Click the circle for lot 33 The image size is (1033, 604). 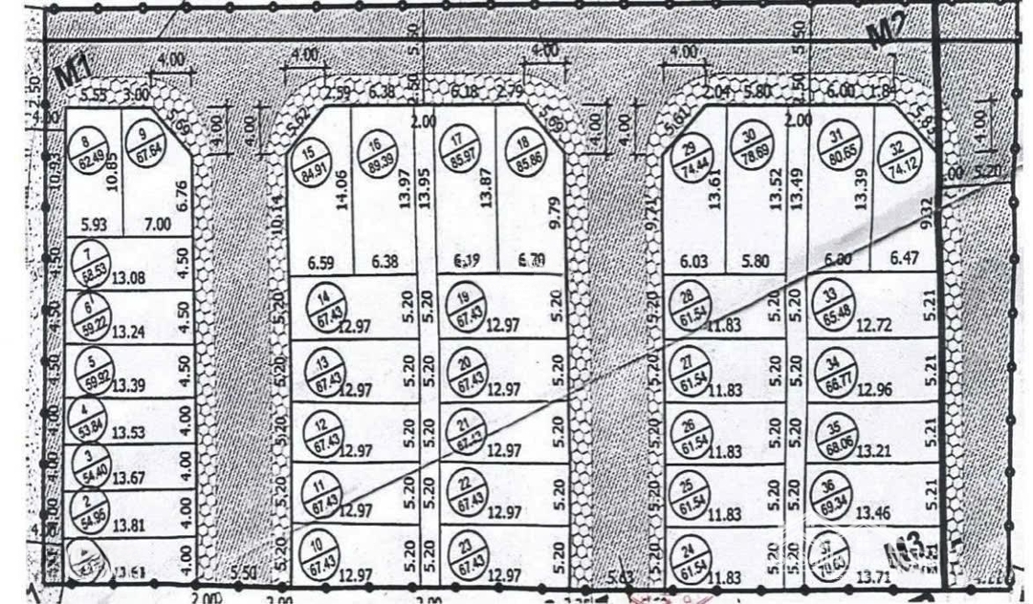tap(829, 304)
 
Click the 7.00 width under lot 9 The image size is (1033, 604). tap(157, 226)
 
